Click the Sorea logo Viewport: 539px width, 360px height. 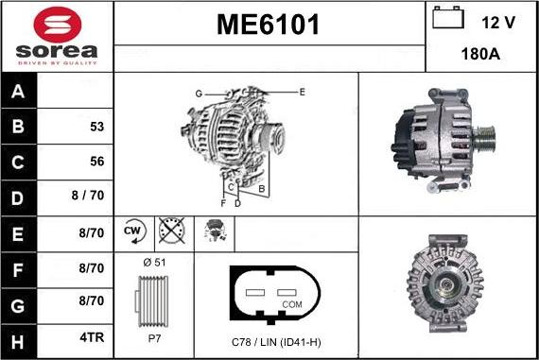point(57,36)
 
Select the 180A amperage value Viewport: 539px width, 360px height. point(481,55)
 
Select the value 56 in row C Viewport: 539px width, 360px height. point(96,161)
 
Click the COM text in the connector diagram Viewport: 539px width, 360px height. point(293,304)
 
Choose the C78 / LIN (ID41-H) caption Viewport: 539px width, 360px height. point(277,340)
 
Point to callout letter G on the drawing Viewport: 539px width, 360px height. point(199,94)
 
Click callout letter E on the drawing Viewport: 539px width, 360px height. point(302,92)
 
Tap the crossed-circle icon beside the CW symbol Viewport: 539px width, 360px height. point(170,230)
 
